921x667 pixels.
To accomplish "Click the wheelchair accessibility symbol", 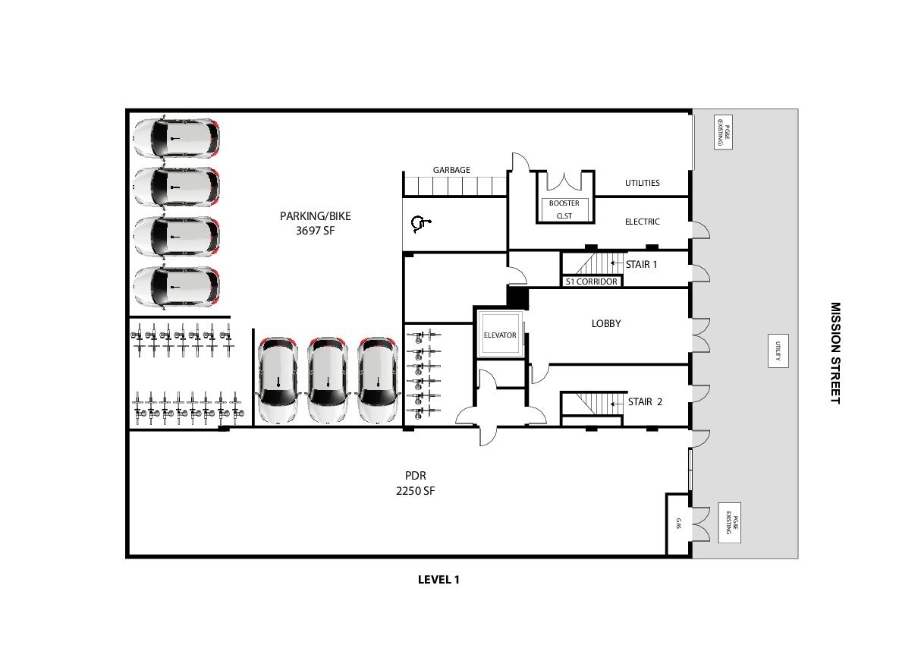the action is pos(420,224).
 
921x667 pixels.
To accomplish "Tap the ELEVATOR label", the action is pos(500,335).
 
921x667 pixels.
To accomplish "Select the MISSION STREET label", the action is pos(835,354).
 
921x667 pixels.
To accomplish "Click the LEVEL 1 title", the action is pos(438,580).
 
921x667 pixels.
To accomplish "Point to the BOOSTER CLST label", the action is pos(564,209).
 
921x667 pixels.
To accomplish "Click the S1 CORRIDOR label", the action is pos(592,282).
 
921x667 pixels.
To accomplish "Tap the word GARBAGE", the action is pos(451,170).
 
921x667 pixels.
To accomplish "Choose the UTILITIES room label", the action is pos(643,183).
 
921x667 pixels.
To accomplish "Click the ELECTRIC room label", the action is pos(643,222).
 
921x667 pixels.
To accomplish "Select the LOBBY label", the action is pos(606,323).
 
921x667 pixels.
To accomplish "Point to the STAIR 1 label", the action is pos(641,264).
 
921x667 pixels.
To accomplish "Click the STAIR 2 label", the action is pos(645,401).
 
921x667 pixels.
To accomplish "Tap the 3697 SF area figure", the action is pos(316,231).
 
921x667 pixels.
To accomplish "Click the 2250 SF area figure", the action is pos(415,491).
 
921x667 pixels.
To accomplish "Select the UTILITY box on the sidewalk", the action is pos(778,351).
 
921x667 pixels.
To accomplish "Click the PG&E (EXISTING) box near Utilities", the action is pos(723,131).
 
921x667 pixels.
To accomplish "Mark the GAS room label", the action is pos(678,523).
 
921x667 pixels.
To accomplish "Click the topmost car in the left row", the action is pos(177,138).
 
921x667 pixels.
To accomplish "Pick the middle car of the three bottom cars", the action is pos(328,380).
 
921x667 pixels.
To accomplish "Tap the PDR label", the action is pos(415,475).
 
